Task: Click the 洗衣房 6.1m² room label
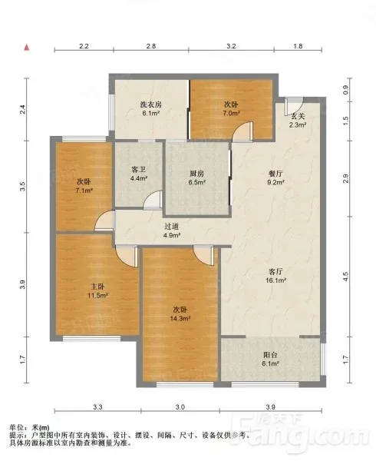click(150, 108)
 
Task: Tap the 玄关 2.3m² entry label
click(298, 120)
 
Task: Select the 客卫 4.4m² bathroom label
click(139, 174)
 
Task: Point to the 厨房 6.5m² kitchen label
click(196, 177)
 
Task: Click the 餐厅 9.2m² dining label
click(276, 177)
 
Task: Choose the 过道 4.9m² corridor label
click(172, 230)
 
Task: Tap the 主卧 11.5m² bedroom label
click(98, 290)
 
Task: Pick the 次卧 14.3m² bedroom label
click(180, 313)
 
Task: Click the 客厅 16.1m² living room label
click(276, 276)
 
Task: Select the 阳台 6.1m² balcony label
click(270, 359)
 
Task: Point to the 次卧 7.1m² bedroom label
click(84, 186)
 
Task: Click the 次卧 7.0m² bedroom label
click(231, 108)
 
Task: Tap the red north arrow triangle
click(27, 48)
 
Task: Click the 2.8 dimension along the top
click(151, 46)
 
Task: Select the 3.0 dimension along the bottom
click(180, 407)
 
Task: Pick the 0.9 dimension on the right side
click(345, 89)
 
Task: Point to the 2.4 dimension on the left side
click(22, 109)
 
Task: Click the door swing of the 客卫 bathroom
click(153, 200)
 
